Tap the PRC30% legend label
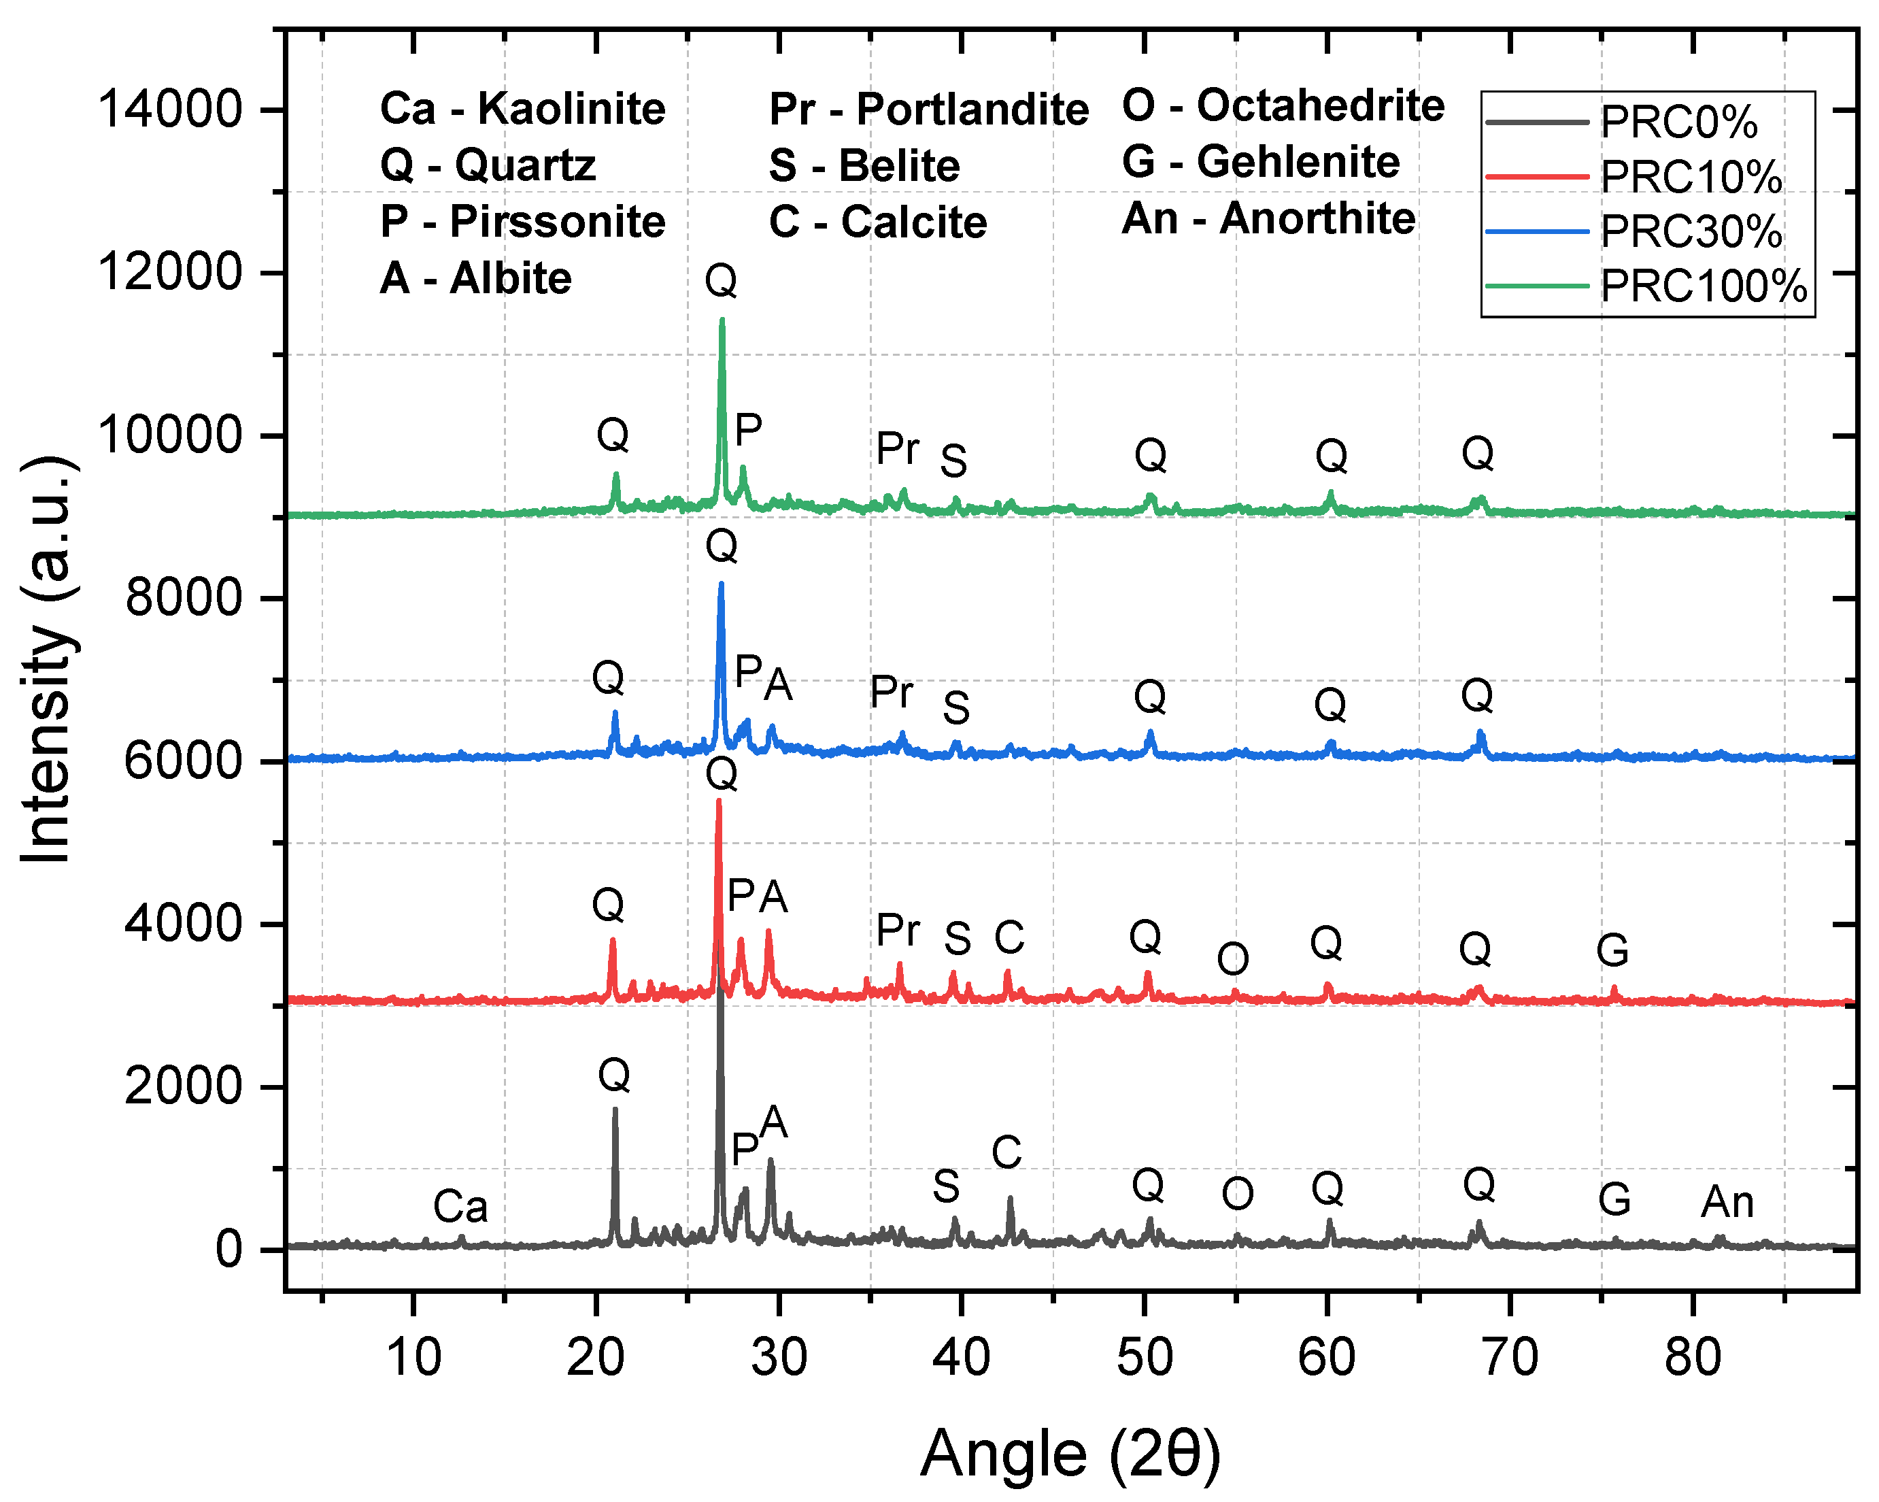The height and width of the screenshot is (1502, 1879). point(1691,232)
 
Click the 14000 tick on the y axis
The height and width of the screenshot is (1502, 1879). point(169,110)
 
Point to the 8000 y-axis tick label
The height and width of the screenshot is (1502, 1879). point(182,599)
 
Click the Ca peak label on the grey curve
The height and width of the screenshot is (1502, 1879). point(460,1207)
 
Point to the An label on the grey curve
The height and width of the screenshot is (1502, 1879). point(1727,1202)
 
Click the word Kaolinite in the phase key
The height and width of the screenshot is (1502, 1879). point(571,110)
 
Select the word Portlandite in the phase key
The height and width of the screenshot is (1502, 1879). point(972,110)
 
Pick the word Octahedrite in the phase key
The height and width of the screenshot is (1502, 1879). point(1321,106)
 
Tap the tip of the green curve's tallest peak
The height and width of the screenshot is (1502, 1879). point(722,321)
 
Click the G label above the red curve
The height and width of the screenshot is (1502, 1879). point(1612,950)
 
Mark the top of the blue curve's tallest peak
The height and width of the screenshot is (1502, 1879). point(721,585)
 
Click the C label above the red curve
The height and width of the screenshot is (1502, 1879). point(1009,938)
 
